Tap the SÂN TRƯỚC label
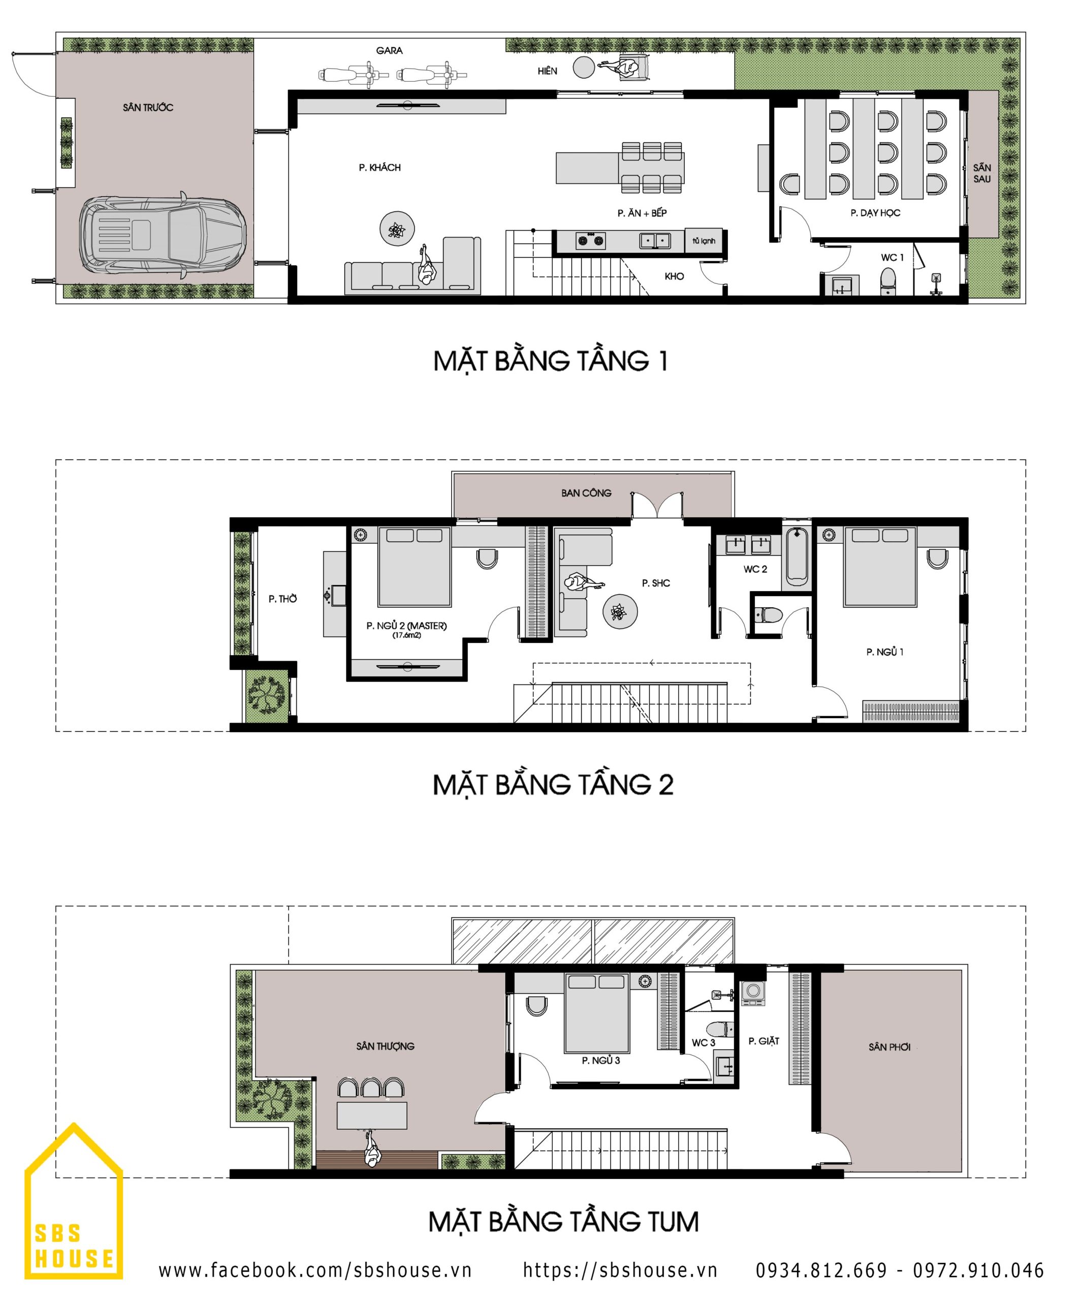148,108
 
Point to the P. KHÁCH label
379,167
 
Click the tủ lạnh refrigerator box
704,241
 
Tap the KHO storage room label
674,276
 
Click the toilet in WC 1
889,281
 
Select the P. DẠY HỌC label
875,213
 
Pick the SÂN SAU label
982,173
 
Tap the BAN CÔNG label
586,493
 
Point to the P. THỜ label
282,599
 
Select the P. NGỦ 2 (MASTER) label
406,626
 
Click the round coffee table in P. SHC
620,611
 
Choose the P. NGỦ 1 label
885,652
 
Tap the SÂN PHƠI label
889,1047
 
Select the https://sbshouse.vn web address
620,1269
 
